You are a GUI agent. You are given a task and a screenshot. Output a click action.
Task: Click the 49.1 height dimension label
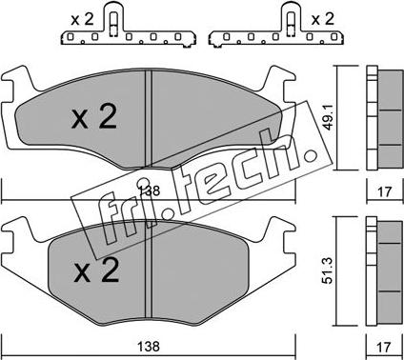(x=329, y=117)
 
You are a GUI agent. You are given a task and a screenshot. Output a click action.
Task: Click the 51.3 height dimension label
(x=329, y=270)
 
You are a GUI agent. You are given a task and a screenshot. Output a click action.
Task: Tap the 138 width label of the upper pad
(x=149, y=190)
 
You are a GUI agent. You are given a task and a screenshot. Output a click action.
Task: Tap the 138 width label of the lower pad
(x=149, y=346)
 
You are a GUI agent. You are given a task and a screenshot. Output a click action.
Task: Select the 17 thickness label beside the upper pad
(x=384, y=191)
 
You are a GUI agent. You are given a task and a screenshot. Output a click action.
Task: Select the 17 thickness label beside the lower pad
(x=384, y=347)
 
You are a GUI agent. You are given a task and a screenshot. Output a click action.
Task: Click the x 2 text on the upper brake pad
(x=94, y=116)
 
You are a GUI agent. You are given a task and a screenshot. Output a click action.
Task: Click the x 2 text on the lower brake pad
(x=96, y=270)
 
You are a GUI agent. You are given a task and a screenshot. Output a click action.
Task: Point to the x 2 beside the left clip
(x=82, y=19)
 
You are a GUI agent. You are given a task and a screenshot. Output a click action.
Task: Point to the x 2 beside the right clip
(x=323, y=19)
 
